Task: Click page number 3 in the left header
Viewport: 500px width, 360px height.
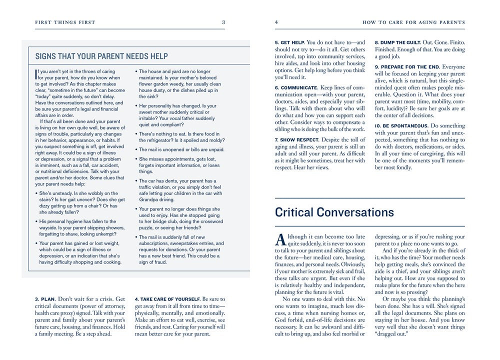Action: point(223,22)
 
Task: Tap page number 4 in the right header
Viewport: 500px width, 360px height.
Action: point(276,22)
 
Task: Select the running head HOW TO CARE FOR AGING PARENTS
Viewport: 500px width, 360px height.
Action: point(413,22)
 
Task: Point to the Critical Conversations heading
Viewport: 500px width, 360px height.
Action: point(334,212)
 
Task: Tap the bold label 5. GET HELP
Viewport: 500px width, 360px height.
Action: point(289,42)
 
